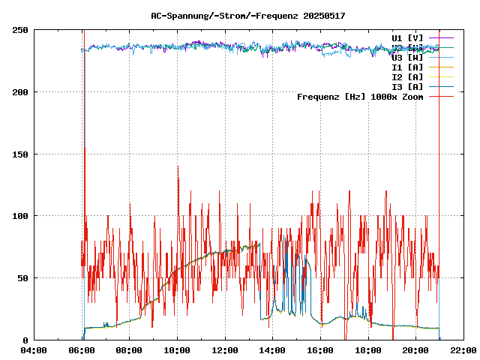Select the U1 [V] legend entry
click(407, 37)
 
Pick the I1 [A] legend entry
click(407, 67)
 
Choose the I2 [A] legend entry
click(407, 76)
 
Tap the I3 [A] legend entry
click(407, 86)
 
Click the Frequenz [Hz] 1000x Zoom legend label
click(360, 96)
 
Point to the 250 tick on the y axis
click(20, 30)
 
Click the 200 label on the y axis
click(20, 92)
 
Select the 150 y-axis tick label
click(20, 154)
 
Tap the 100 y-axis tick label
click(20, 216)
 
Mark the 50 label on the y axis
click(22, 277)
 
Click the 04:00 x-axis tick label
click(34, 350)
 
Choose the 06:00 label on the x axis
click(82, 350)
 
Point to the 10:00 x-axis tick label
click(177, 350)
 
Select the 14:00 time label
click(273, 350)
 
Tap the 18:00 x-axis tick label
click(368, 350)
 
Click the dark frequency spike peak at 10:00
click(178, 166)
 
